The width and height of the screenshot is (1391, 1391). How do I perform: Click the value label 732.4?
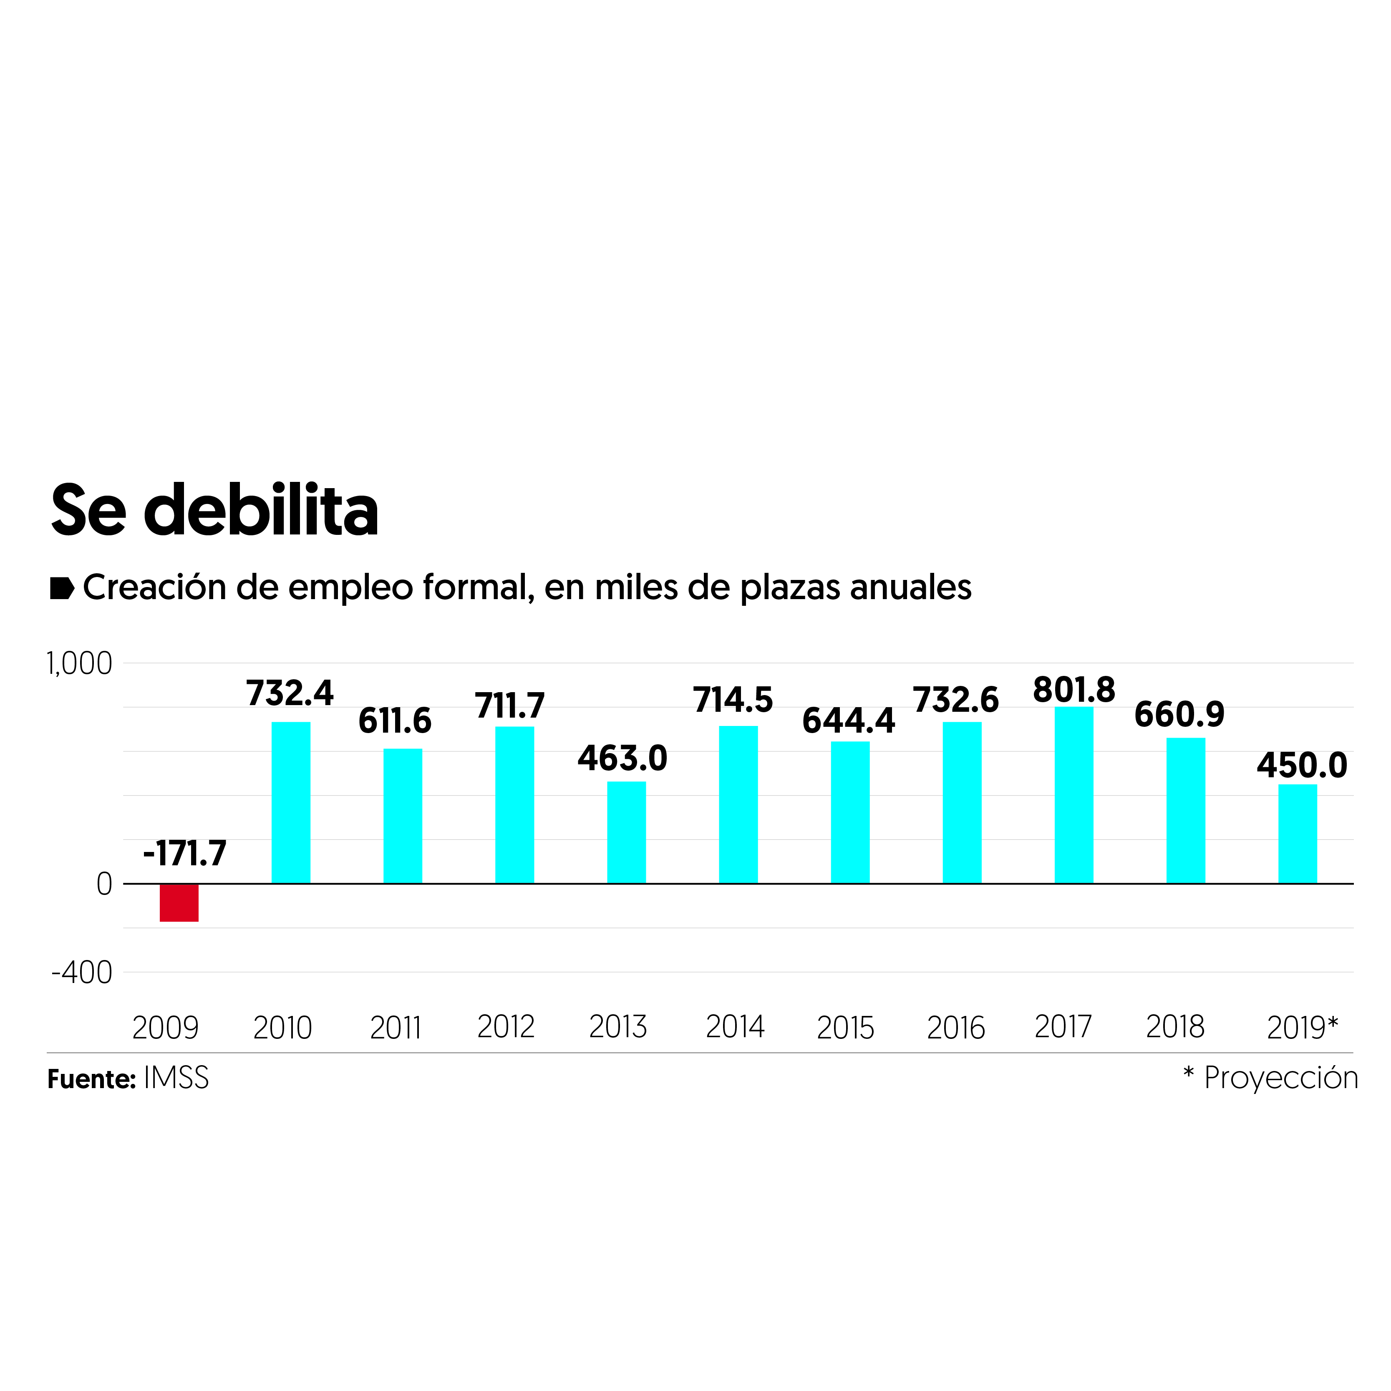tap(290, 693)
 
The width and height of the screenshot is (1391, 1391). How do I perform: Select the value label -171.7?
tap(185, 854)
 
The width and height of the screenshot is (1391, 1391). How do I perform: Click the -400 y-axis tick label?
tap(82, 973)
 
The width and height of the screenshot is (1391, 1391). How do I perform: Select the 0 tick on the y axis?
tap(104, 884)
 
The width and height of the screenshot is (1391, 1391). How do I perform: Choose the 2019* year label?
tap(1302, 1028)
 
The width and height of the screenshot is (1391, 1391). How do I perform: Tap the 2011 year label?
tap(395, 1028)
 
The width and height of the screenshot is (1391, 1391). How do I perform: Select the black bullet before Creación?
tap(62, 588)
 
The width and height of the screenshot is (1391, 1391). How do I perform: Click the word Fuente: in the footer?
tap(91, 1079)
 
